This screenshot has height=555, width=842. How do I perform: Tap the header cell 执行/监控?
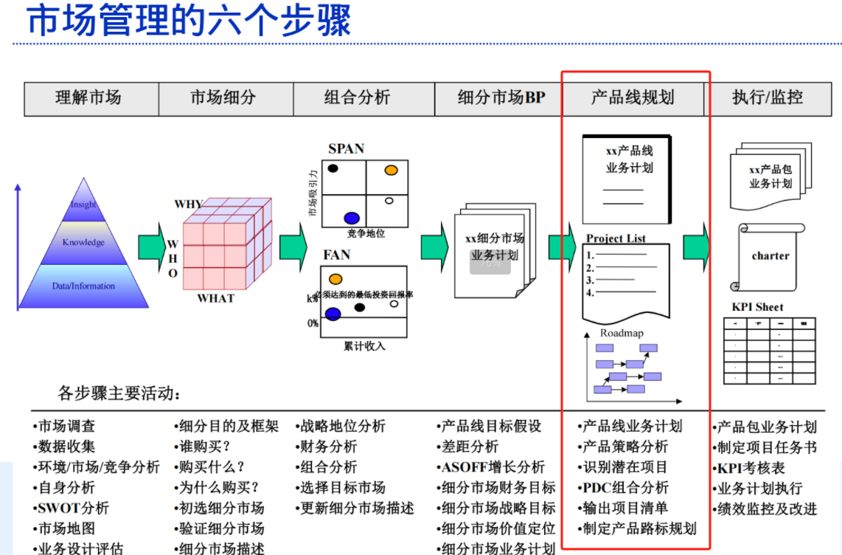[x=767, y=97]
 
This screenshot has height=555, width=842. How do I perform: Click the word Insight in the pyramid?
[x=83, y=204]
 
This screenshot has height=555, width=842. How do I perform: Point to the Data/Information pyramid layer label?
[x=83, y=286]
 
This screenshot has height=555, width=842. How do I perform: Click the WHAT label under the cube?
[x=215, y=298]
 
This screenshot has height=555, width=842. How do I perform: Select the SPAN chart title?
[x=346, y=149]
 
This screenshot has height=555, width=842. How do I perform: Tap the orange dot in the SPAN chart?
[x=391, y=170]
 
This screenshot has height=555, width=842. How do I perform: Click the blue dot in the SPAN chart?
[x=352, y=218]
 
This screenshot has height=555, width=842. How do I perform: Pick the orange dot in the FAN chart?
[x=335, y=279]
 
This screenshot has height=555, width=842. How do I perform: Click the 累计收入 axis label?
[x=364, y=345]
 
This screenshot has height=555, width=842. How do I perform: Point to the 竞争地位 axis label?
[x=366, y=233]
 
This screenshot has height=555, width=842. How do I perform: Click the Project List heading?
[x=616, y=238]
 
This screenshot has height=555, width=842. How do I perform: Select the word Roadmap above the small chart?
[x=621, y=333]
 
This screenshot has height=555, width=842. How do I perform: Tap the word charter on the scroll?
[x=770, y=256]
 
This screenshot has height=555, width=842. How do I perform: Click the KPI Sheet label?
[x=757, y=307]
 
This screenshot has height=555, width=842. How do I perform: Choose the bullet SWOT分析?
[x=73, y=509]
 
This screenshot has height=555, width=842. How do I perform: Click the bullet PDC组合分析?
[x=625, y=488]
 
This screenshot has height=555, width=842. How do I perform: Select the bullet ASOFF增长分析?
[x=493, y=467]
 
